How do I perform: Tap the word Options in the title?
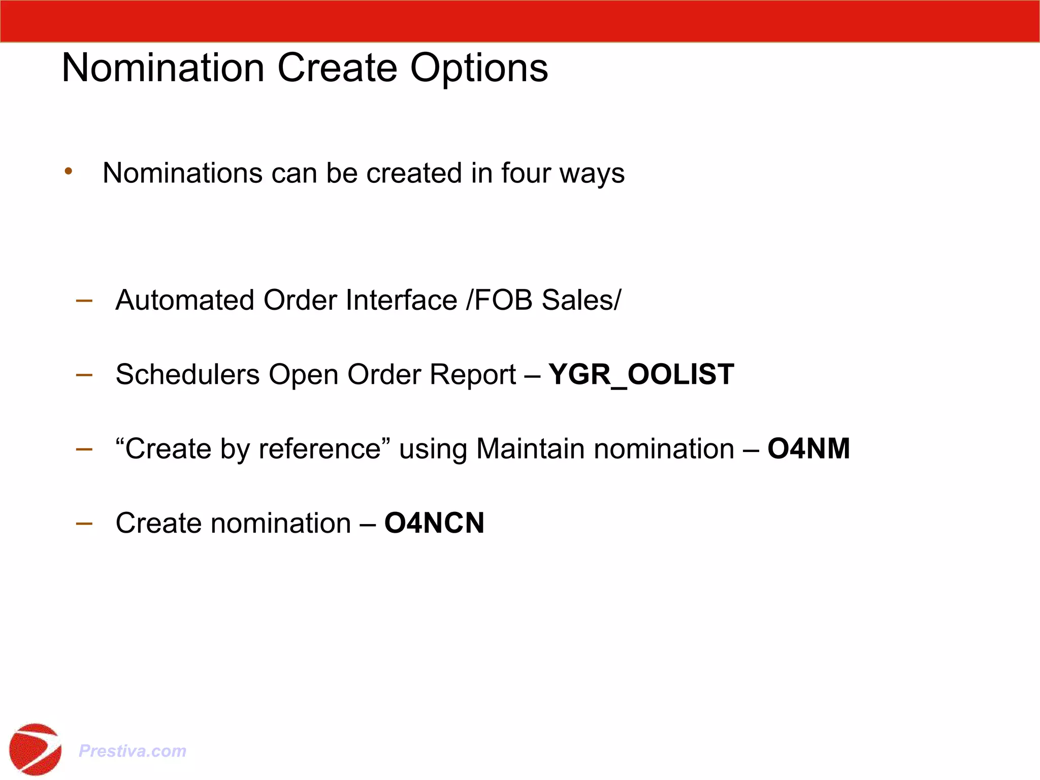(x=479, y=69)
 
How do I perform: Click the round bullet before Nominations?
(x=69, y=172)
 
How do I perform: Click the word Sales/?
(x=581, y=300)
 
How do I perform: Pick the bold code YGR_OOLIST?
(x=641, y=375)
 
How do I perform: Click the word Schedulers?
(x=188, y=374)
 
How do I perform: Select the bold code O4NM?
(x=808, y=449)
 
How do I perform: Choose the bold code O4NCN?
(x=434, y=523)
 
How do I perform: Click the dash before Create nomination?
(x=84, y=523)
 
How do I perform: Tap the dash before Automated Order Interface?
(x=84, y=300)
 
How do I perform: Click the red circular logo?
(x=35, y=749)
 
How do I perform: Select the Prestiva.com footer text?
(x=133, y=751)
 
